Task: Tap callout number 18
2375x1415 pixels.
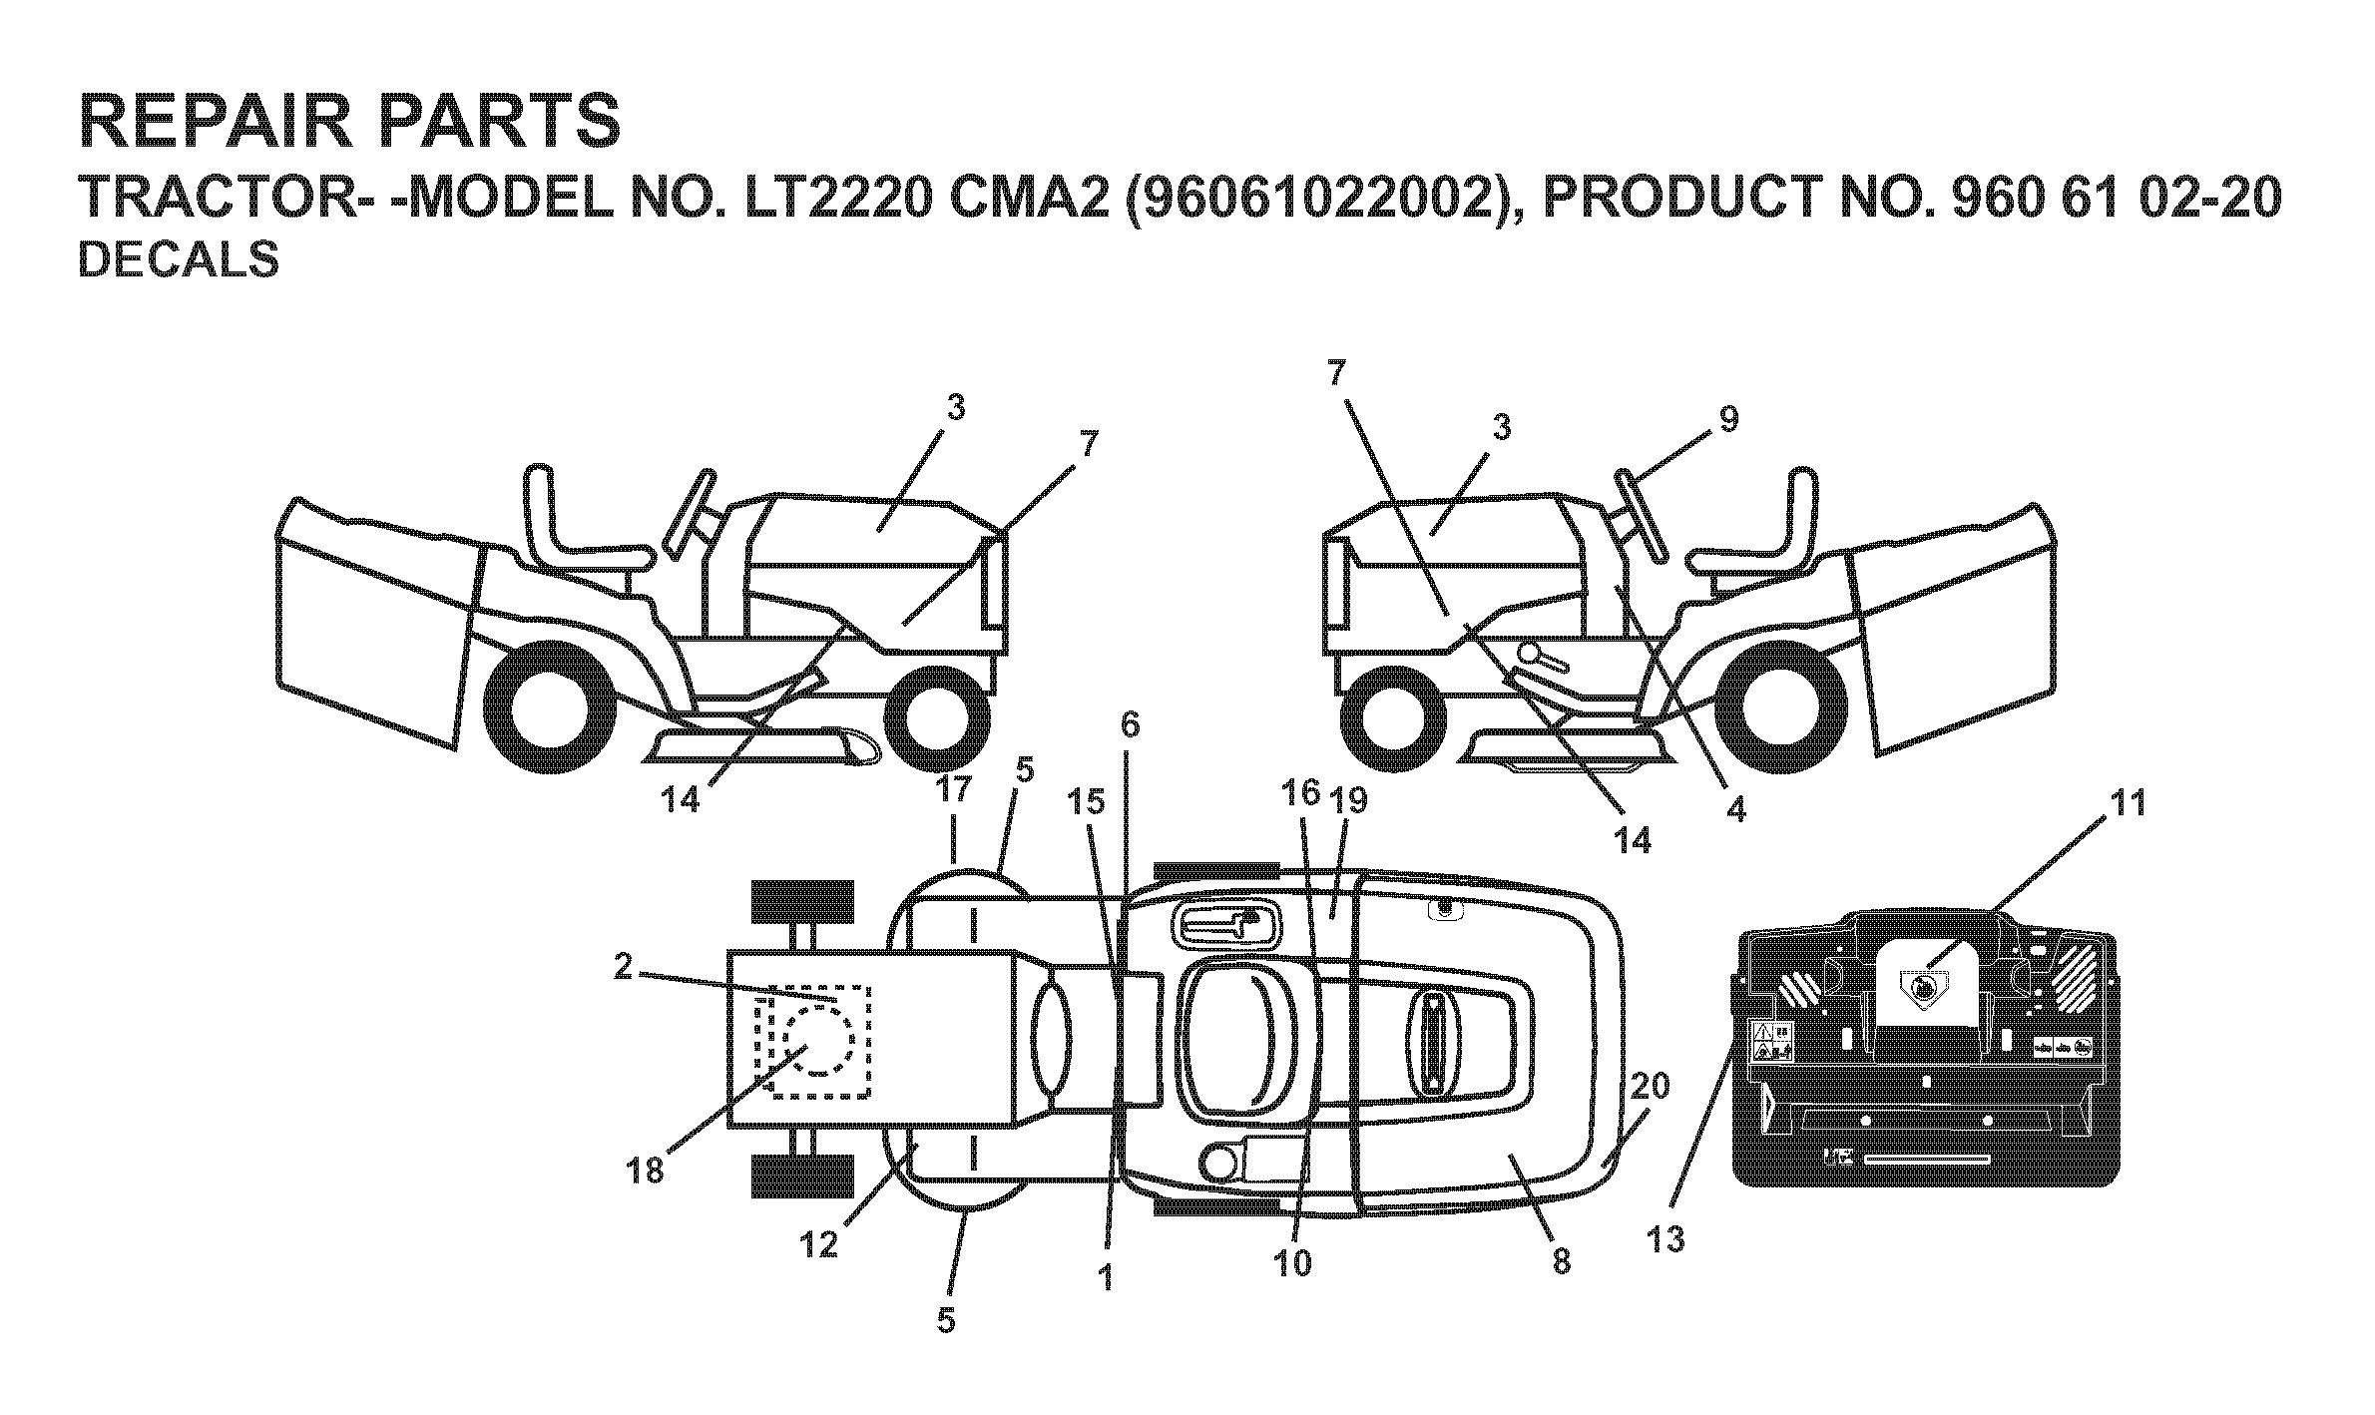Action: tap(647, 1170)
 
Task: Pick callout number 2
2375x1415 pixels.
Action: tap(623, 967)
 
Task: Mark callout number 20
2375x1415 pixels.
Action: tap(1650, 1086)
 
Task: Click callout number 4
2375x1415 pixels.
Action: tap(1735, 810)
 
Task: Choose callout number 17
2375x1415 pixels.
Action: tap(954, 791)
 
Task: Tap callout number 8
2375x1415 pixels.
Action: tap(1562, 1261)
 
